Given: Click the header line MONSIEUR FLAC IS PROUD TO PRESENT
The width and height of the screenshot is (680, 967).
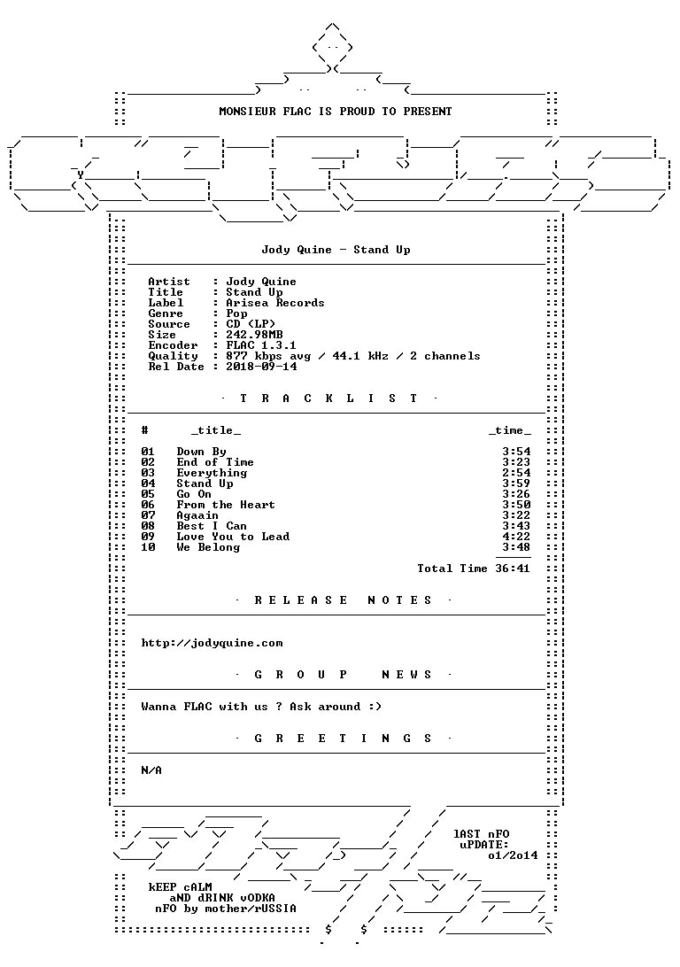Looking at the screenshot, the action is coord(336,112).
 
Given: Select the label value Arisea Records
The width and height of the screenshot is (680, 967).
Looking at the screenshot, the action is coord(275,303).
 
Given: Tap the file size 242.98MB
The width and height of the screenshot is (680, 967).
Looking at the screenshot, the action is coord(254,335).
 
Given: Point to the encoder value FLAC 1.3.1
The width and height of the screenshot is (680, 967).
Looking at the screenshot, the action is coord(261,345).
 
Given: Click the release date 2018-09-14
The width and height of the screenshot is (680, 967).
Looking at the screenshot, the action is coord(261,367).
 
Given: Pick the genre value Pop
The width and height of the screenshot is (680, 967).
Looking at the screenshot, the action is coord(236,313).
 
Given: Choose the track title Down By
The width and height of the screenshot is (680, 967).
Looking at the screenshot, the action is coord(202,452).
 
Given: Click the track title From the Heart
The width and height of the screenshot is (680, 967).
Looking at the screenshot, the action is coord(226,505).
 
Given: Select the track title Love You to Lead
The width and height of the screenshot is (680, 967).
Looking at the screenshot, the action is coord(233,537).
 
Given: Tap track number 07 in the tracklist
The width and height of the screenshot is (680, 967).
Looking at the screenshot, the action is coord(148,515).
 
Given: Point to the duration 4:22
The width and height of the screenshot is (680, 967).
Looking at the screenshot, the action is coord(516,537).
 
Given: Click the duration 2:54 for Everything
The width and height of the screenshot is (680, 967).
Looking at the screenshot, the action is coord(516,473).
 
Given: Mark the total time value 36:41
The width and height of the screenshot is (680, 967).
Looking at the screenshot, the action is coord(513,569).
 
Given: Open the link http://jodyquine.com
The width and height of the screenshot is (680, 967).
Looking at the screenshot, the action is coord(212,643).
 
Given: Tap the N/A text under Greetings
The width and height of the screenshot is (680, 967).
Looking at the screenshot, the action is coord(151,770).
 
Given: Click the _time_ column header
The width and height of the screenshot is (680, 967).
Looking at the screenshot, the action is coord(510,430).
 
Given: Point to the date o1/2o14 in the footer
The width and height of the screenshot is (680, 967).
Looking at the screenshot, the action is coord(513,855).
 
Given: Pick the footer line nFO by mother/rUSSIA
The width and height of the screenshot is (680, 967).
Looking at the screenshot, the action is coord(226,909).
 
